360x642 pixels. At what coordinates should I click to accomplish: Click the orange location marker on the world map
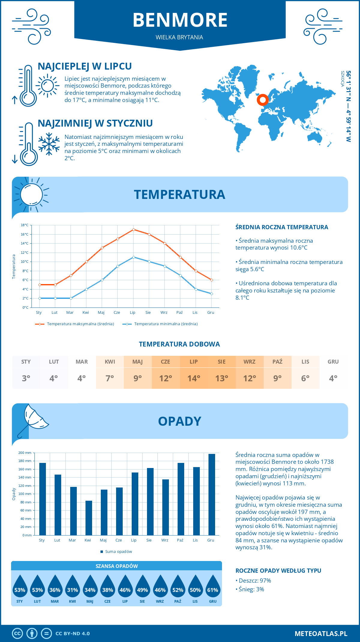click(x=262, y=100)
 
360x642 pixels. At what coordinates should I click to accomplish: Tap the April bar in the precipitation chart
click(x=89, y=518)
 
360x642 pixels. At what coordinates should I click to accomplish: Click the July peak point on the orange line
click(x=133, y=229)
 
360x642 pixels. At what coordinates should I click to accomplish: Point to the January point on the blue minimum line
click(x=40, y=298)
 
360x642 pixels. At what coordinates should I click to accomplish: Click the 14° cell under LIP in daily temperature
click(x=193, y=378)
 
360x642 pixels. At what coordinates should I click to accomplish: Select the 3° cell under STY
click(x=26, y=378)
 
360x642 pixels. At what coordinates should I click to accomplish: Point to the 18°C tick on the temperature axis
click(x=25, y=225)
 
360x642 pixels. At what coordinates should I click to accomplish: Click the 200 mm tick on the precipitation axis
click(x=25, y=453)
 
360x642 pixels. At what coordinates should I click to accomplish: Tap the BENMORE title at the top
click(x=180, y=20)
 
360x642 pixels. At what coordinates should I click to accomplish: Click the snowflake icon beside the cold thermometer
click(x=49, y=144)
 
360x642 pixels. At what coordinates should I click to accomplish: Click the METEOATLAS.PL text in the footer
click(x=321, y=634)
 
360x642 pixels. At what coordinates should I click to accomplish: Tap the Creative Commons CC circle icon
click(x=17, y=634)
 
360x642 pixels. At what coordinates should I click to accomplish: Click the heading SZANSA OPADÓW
click(x=116, y=566)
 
